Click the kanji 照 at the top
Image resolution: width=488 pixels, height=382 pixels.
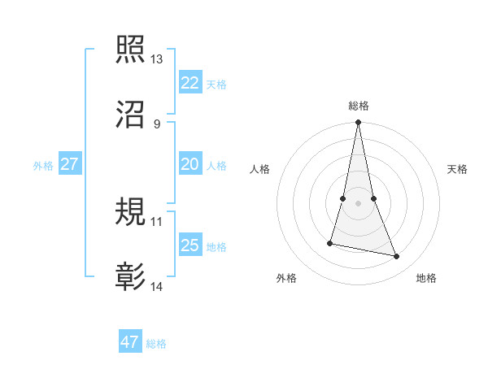coord(131,50)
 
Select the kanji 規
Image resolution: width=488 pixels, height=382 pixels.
coord(131,212)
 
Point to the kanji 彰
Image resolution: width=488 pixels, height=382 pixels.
coord(131,277)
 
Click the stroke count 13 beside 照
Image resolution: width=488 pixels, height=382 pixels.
coord(157,59)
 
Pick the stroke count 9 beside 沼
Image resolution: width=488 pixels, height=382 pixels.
coord(156,124)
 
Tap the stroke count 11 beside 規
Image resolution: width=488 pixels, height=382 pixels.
coord(157,221)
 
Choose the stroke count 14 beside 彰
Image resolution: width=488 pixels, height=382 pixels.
coord(157,287)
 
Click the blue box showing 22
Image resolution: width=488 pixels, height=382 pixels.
coord(190,83)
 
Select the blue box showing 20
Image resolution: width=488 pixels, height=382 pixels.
coord(190,164)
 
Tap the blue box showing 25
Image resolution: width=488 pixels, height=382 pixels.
coord(190,245)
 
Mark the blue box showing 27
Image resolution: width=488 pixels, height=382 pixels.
coord(69,164)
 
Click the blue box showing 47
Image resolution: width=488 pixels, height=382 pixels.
coord(130,342)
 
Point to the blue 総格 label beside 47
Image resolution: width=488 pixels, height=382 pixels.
coord(156,344)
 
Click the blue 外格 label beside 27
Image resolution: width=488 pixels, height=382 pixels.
coord(43,166)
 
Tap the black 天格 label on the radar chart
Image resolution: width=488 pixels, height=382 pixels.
coord(458,169)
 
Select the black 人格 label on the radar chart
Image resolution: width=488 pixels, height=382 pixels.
coord(259,169)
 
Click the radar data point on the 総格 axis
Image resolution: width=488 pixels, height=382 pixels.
coord(358,123)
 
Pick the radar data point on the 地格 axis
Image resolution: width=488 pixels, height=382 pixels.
coord(397,257)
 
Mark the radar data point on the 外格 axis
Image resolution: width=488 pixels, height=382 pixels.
coord(330,242)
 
